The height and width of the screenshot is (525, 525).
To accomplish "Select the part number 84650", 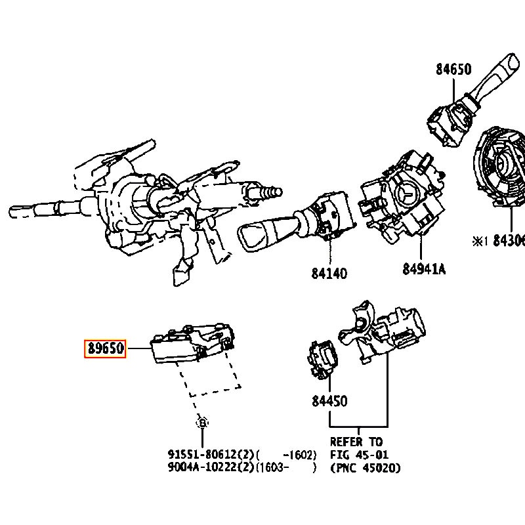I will pos(453,69).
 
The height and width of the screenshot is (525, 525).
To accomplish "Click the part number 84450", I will pos(329,401).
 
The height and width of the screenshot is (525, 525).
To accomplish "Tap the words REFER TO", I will pos(356,442).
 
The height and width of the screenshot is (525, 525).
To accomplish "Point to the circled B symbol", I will pos(203,423).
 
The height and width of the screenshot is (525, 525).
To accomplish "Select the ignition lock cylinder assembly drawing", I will pos(384,331).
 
